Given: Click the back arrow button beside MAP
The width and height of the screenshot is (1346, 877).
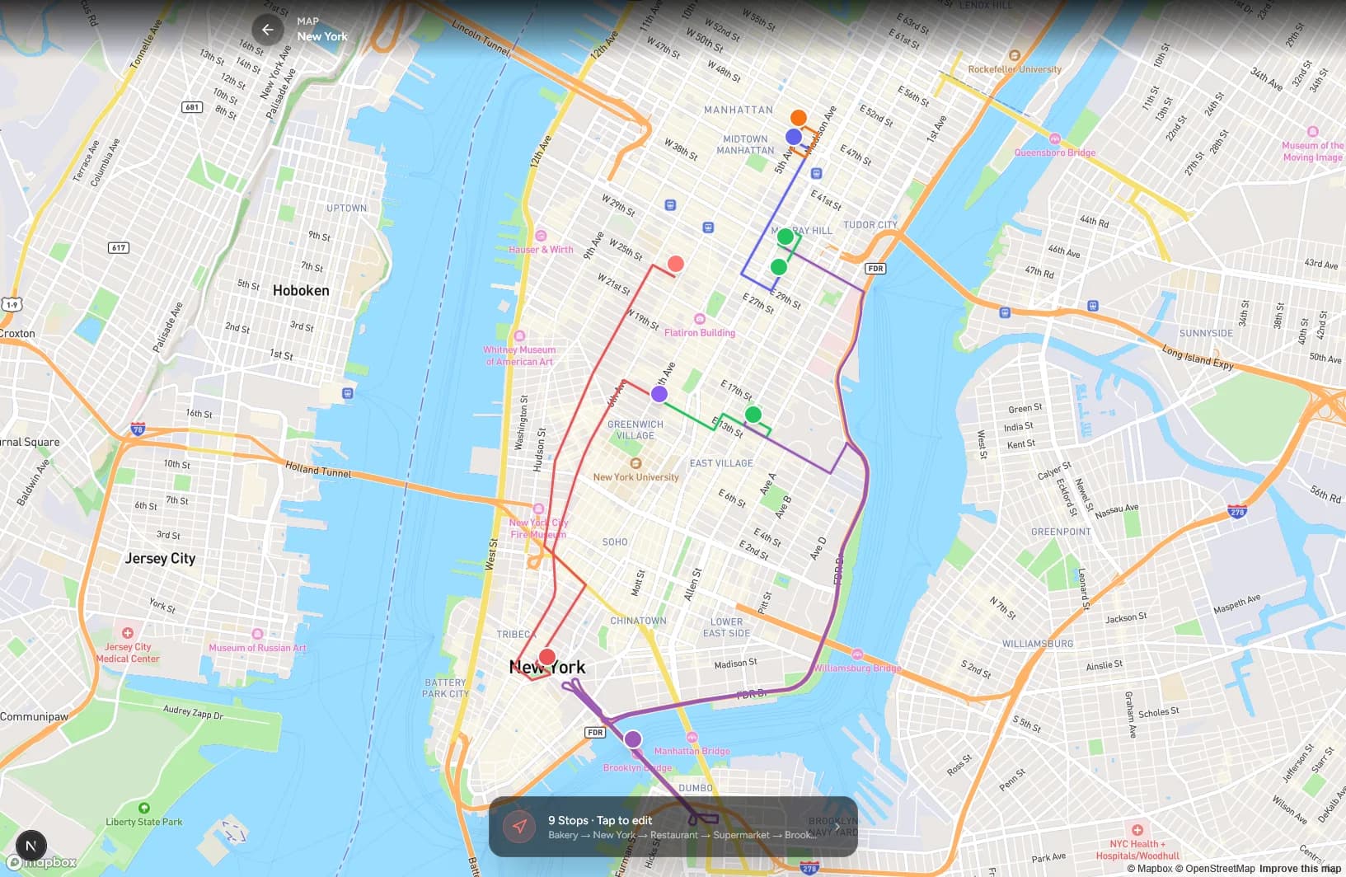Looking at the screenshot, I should click(x=268, y=30).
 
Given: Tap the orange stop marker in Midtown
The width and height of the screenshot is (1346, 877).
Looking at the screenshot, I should click(x=798, y=118).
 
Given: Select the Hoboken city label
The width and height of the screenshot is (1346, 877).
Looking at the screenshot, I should click(x=301, y=290).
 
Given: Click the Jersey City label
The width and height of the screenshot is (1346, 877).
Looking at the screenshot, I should click(x=160, y=558).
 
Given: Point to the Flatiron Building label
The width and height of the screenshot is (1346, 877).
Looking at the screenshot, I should click(x=700, y=332).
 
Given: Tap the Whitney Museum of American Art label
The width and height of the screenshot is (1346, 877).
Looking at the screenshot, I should click(x=519, y=355).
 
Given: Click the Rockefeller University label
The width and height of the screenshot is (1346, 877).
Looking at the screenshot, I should click(x=1015, y=69).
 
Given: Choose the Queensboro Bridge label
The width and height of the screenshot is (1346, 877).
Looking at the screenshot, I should click(x=1055, y=152).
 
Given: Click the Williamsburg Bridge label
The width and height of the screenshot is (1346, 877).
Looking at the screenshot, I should click(x=857, y=668).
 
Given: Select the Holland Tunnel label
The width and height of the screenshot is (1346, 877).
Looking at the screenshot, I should click(x=318, y=471).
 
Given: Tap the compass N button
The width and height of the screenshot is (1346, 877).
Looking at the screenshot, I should click(x=30, y=846).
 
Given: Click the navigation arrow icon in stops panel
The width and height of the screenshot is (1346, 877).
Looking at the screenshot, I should click(x=519, y=827).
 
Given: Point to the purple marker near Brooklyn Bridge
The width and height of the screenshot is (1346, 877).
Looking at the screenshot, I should click(x=632, y=739).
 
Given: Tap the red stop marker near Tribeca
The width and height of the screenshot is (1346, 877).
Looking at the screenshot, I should click(x=546, y=657).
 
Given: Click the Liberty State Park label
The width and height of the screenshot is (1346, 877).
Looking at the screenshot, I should click(x=144, y=822).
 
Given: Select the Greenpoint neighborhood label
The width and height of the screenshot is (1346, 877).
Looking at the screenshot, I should click(x=1061, y=532).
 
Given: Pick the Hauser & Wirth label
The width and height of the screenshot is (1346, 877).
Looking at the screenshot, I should click(x=541, y=249).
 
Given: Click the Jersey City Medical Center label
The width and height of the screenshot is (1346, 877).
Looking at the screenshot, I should click(x=128, y=653).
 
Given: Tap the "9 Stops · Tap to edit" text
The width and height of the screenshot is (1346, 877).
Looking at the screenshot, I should click(x=600, y=820).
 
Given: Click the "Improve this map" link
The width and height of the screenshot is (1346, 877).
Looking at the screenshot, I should click(x=1300, y=869).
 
